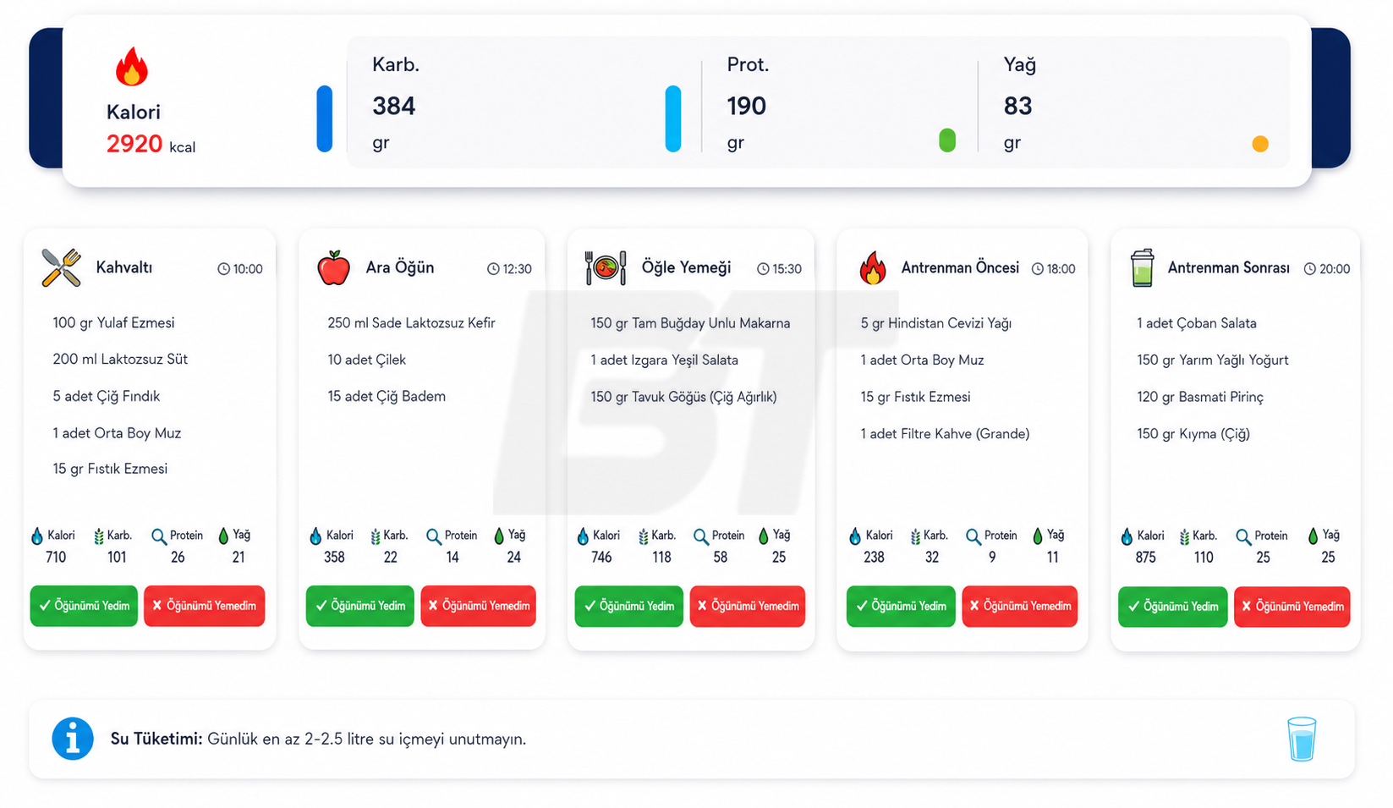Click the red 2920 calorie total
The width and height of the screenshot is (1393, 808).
pyautogui.click(x=134, y=145)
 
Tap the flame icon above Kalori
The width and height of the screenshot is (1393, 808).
pyautogui.click(x=131, y=67)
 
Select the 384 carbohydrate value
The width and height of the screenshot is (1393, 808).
pyautogui.click(x=393, y=106)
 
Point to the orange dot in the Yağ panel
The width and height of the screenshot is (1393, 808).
pyautogui.click(x=1260, y=144)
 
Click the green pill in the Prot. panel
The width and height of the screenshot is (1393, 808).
pyautogui.click(x=946, y=140)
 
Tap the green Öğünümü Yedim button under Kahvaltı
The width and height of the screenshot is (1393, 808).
pyautogui.click(x=84, y=605)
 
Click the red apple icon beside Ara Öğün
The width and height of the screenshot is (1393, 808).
pyautogui.click(x=333, y=268)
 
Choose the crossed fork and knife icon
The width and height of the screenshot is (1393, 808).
pyautogui.click(x=61, y=267)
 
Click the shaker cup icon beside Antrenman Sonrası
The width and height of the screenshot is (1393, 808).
pyautogui.click(x=1142, y=268)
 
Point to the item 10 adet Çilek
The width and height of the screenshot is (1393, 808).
pyautogui.click(x=366, y=360)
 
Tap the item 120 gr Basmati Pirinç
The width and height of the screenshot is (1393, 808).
pyautogui.click(x=1200, y=397)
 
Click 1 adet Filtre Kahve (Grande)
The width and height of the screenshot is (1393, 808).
pyautogui.click(x=945, y=433)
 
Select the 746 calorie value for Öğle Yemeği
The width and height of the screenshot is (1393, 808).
pyautogui.click(x=601, y=557)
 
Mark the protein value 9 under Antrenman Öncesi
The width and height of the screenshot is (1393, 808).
pyautogui.click(x=992, y=558)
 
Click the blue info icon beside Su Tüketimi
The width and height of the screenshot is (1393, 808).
pyautogui.click(x=73, y=739)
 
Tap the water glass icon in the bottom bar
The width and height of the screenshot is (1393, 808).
pyautogui.click(x=1302, y=739)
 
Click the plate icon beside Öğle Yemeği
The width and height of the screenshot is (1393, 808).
pyautogui.click(x=606, y=268)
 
